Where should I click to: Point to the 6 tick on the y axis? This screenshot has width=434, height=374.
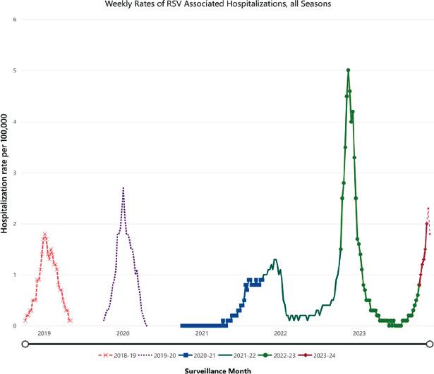click(x=15, y=19)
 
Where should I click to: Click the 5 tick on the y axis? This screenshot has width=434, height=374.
click(x=15, y=70)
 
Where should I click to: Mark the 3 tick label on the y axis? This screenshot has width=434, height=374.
click(x=15, y=173)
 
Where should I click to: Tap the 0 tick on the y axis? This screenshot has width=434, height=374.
click(x=15, y=326)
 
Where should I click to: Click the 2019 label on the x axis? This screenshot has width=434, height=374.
click(x=44, y=333)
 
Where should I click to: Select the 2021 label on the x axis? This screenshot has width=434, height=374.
click(x=201, y=333)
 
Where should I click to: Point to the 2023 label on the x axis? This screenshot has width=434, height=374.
click(x=359, y=333)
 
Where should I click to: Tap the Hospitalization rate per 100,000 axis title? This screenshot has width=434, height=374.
click(x=5, y=173)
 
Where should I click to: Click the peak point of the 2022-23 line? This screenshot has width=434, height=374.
click(x=349, y=70)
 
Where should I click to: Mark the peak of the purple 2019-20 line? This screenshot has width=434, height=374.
click(x=123, y=188)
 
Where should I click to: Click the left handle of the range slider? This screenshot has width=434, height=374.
click(x=25, y=344)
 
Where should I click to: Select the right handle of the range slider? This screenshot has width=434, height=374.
click(x=429, y=344)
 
